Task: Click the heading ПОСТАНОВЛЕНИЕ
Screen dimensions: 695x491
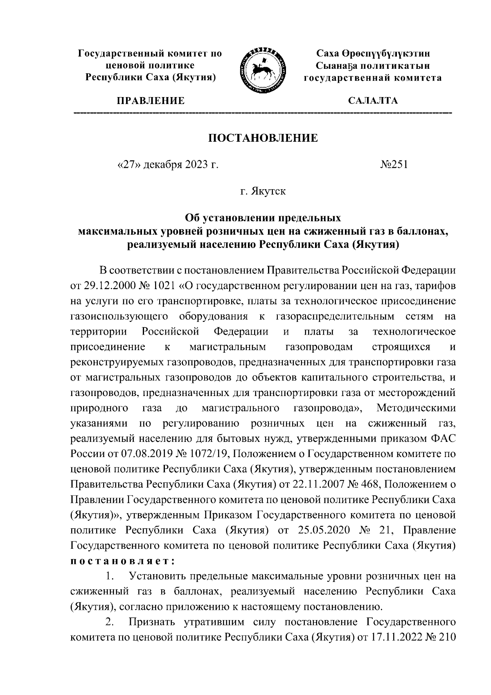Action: [263, 138]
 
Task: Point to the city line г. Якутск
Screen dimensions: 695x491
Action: [263, 191]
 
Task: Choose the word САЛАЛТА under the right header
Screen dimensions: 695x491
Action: [372, 101]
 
